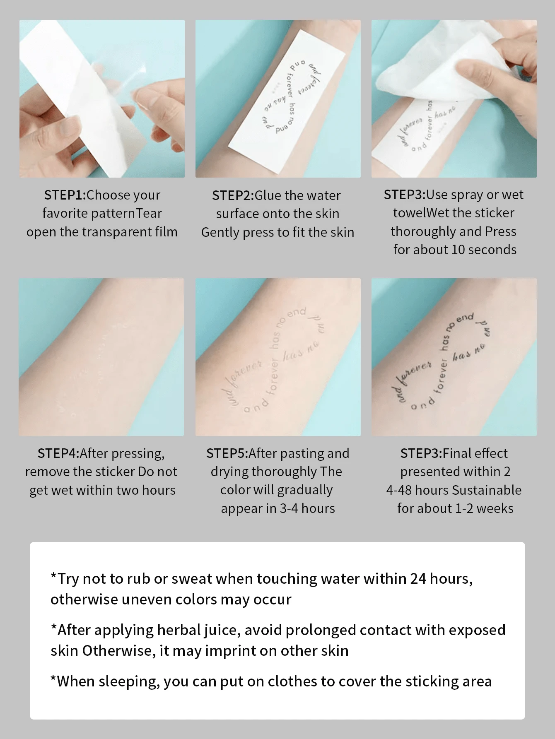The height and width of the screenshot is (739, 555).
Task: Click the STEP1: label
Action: tap(65, 195)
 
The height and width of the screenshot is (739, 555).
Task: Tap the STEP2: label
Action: tap(233, 195)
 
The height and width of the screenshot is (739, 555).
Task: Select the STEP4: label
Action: tap(58, 453)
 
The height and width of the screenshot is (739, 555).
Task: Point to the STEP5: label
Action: tap(227, 453)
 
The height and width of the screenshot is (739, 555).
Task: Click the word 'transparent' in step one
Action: tap(117, 232)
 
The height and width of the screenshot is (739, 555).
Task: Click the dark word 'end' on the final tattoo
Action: tap(465, 318)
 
